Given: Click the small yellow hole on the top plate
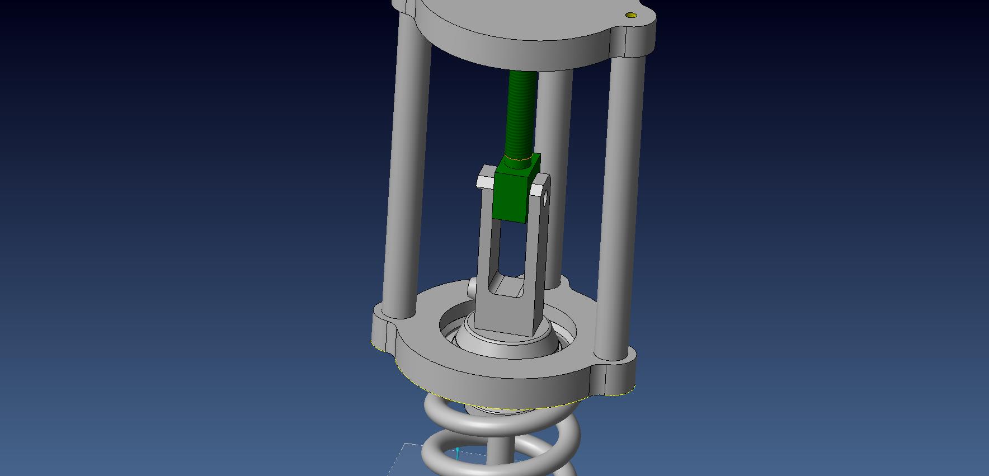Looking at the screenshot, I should pos(632,15).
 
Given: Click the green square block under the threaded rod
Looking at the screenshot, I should pos(510,196).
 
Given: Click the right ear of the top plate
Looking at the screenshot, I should pos(638,34).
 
